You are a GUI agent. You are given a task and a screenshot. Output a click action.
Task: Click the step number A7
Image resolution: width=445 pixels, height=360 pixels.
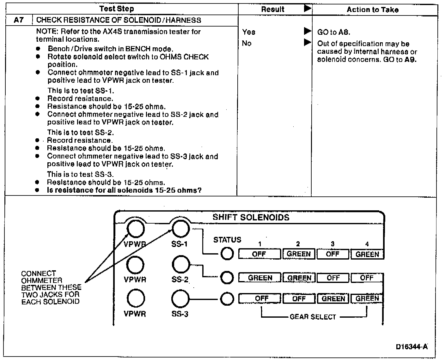tap(19, 21)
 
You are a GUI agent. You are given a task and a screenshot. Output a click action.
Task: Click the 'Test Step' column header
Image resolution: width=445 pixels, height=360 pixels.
tap(117, 9)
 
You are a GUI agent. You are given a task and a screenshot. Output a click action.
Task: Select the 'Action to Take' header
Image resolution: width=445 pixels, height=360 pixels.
tap(372, 10)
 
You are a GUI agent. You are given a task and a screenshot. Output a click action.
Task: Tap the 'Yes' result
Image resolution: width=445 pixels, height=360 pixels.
tap(249, 32)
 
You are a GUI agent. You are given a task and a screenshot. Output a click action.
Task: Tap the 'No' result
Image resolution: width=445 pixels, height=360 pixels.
tap(247, 43)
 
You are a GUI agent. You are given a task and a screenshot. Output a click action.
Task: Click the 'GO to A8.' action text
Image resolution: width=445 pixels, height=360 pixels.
tap(334, 32)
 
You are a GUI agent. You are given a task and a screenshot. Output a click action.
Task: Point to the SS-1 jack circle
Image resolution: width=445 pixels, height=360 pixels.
tap(180, 228)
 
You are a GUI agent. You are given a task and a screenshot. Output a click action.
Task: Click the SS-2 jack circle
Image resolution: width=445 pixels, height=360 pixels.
tap(181, 264)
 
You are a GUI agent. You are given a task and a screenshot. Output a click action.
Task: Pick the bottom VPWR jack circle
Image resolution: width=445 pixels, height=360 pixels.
tap(136, 298)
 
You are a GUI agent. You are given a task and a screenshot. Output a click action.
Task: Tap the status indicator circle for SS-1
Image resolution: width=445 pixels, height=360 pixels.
tap(227, 254)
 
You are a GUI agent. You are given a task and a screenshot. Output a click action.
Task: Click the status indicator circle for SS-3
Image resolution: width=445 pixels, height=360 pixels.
tap(227, 299)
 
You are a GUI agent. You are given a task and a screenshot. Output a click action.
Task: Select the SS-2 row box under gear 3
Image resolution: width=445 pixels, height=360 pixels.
tap(333, 278)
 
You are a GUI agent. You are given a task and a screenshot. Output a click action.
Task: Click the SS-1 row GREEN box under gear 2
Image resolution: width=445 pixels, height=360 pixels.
tap(299, 254)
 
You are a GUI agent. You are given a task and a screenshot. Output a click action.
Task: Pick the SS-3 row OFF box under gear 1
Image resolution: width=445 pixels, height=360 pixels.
tap(260, 299)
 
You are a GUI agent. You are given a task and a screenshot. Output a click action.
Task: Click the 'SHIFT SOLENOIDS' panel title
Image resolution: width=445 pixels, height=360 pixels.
tap(251, 217)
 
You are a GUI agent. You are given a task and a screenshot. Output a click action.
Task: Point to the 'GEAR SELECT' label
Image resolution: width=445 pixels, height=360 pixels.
tap(313, 317)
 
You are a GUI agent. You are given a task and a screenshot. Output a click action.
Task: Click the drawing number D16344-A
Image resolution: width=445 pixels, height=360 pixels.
tap(411, 347)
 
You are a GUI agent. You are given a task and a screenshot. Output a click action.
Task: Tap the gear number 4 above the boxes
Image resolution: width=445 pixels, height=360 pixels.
tap(367, 244)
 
